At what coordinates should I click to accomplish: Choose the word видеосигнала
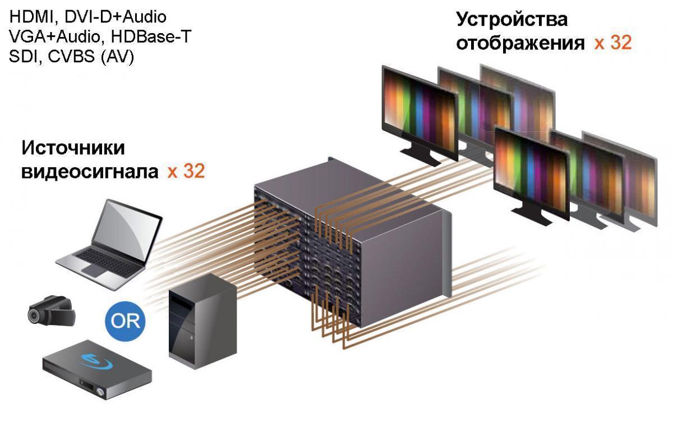(x=90, y=171)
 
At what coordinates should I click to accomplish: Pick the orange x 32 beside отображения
(x=613, y=43)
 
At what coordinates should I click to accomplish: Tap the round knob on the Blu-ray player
(x=100, y=390)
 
